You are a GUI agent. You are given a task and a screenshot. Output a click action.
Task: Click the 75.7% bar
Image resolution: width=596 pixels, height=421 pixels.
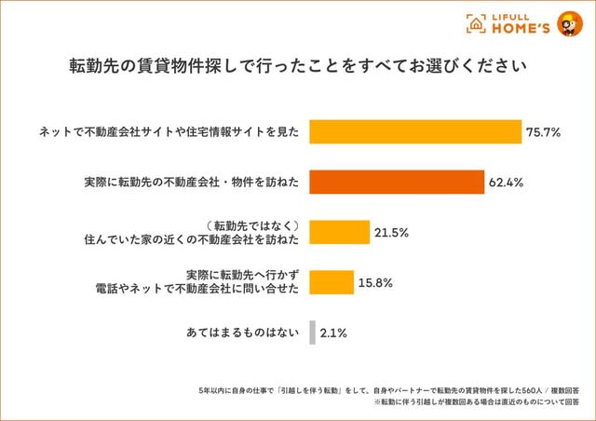tap(414, 131)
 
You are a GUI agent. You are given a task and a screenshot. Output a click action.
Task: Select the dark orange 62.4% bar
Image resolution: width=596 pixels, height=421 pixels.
tap(396, 182)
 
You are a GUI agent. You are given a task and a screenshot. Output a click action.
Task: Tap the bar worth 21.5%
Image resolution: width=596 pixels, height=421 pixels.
tap(339, 232)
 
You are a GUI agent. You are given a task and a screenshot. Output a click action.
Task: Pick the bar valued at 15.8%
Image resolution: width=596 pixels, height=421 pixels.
tap(331, 281)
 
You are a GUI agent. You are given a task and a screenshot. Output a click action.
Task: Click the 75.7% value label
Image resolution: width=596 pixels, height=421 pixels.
tap(543, 132)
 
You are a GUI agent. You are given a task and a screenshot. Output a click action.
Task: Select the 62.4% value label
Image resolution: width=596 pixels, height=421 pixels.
tap(506, 183)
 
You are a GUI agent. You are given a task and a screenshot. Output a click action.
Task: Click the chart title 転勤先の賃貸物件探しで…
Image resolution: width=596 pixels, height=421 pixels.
tap(298, 68)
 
